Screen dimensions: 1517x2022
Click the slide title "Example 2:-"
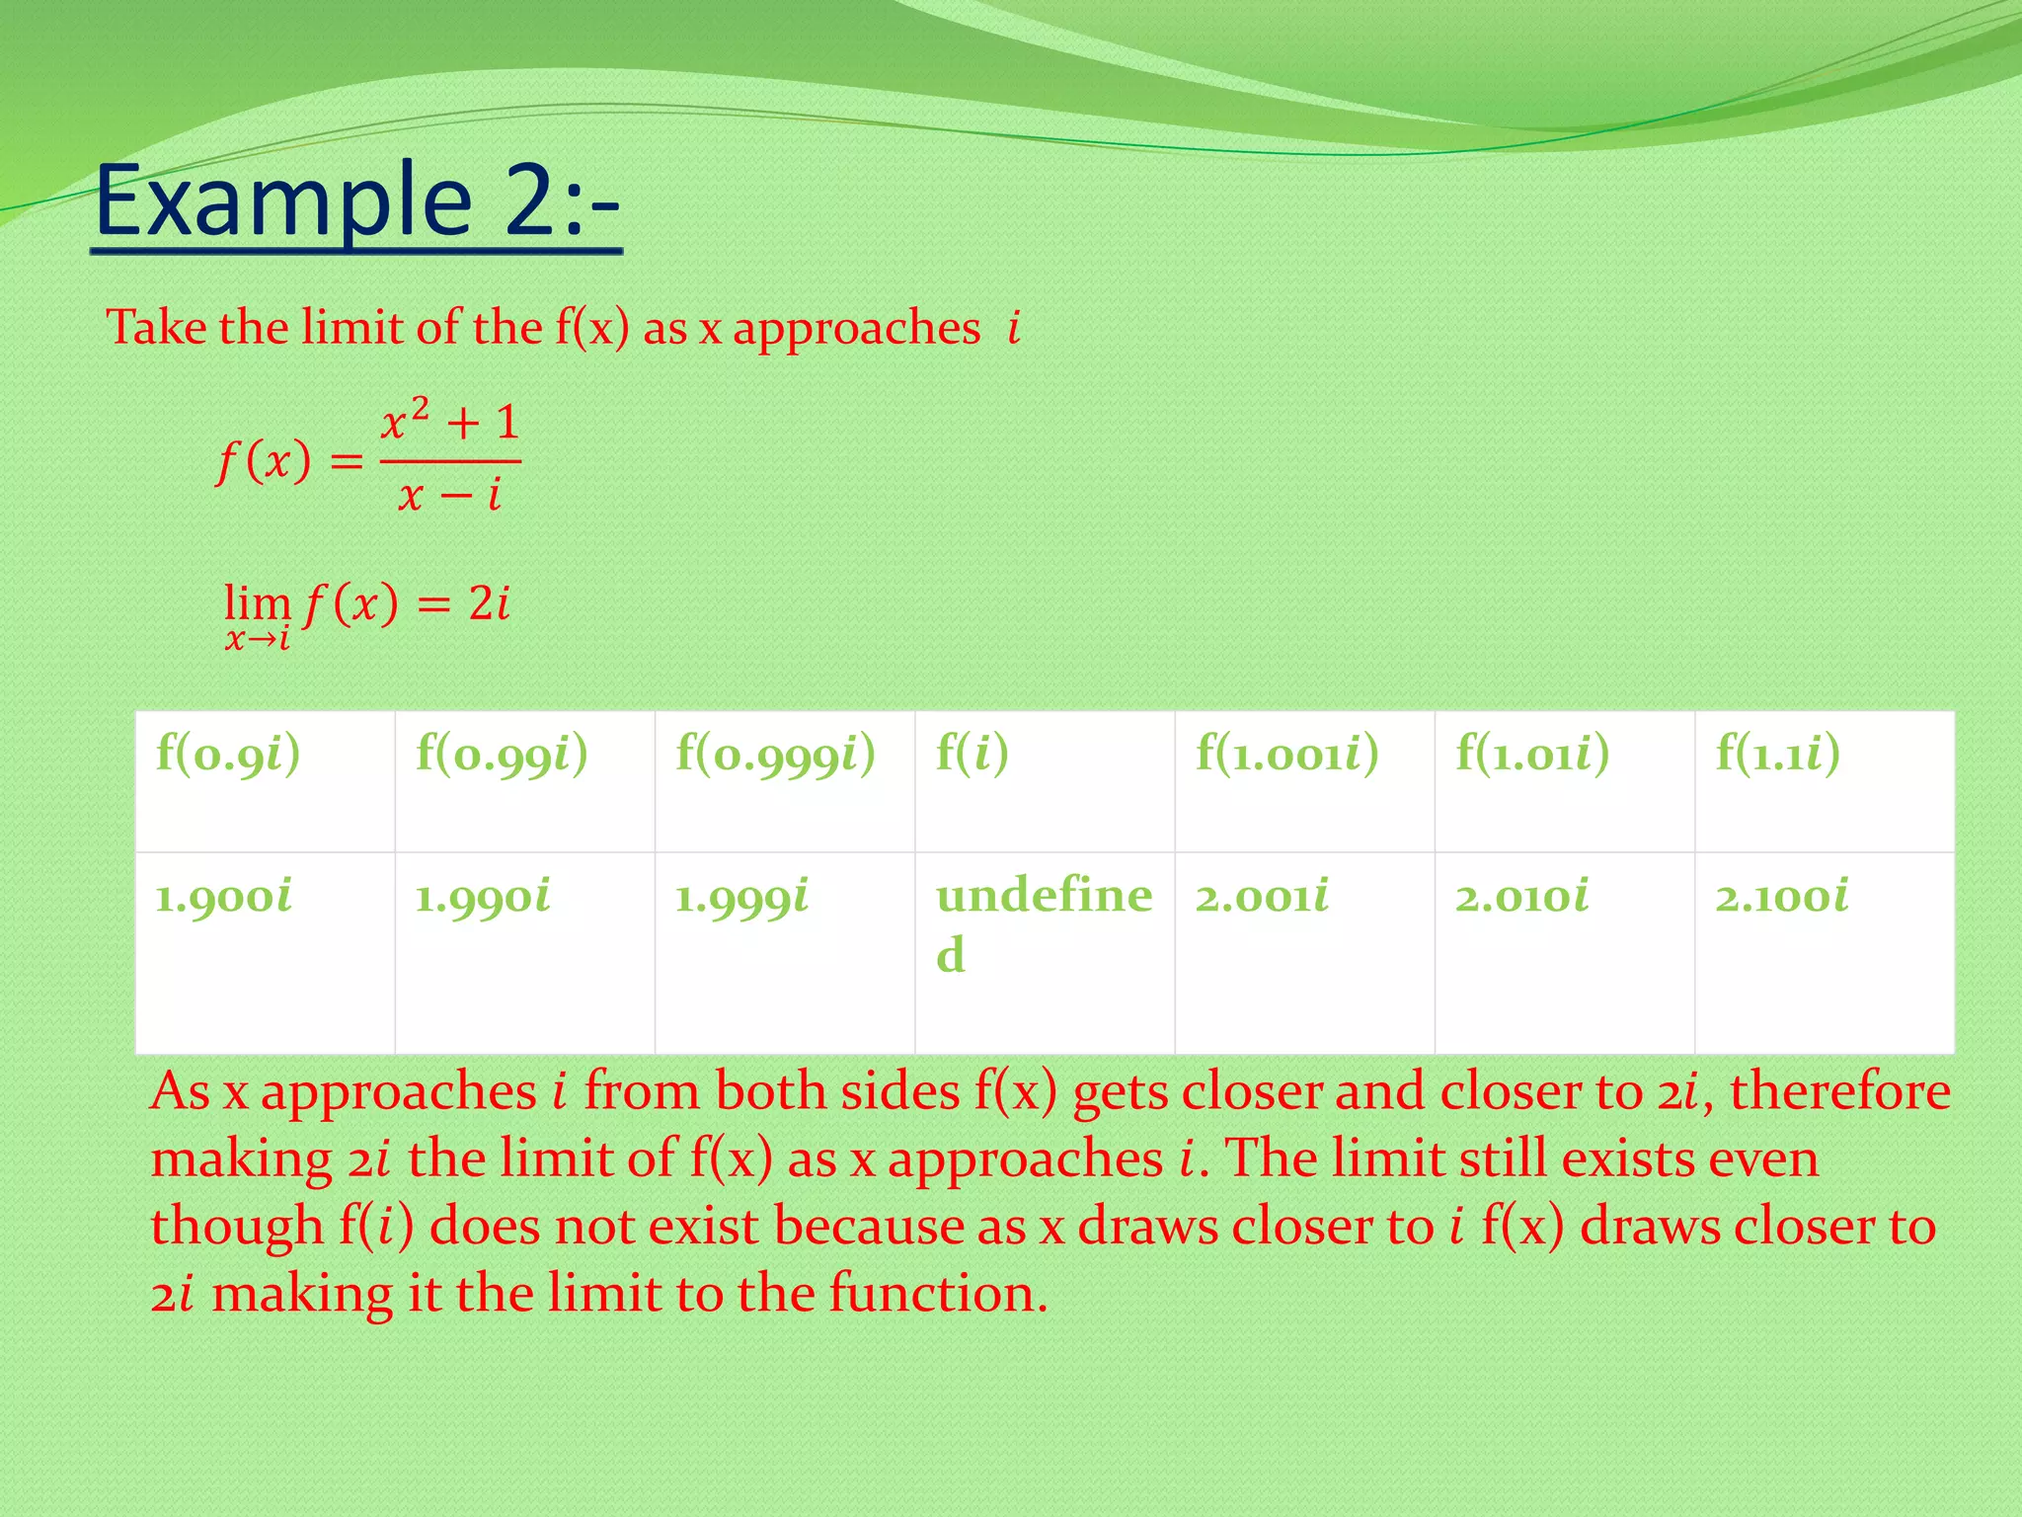click(357, 201)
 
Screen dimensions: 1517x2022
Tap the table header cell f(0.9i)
click(228, 755)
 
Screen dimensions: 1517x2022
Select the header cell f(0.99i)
click(502, 755)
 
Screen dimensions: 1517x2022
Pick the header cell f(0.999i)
click(775, 755)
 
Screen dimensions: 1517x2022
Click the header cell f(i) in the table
click(972, 755)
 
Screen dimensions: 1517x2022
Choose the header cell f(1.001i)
click(1286, 755)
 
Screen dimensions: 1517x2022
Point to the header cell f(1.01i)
click(1532, 755)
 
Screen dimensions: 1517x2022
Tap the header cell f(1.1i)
click(1777, 755)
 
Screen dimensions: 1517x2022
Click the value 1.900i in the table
click(224, 898)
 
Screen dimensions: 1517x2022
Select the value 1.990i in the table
click(483, 898)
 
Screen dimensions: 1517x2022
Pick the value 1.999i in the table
click(742, 898)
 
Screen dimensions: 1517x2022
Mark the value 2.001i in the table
click(1262, 898)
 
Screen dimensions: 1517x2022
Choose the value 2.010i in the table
click(1521, 898)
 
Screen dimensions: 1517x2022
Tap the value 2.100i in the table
click(1781, 898)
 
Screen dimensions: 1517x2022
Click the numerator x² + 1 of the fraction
click(450, 423)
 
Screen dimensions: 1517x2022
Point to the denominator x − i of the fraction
click(450, 494)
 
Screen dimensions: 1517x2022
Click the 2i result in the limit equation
click(489, 603)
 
